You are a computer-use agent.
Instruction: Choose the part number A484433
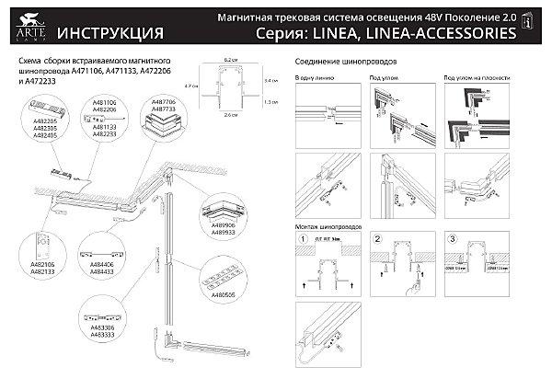pos(103,272)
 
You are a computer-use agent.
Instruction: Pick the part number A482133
pos(45,272)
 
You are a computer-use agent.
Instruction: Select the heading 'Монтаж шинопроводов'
pos(328,225)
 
